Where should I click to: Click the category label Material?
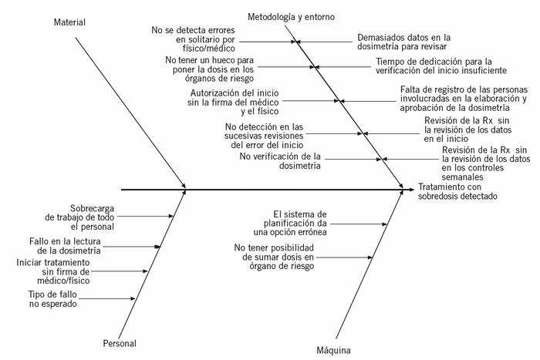pyautogui.click(x=69, y=22)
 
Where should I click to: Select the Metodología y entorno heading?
pyautogui.click(x=292, y=15)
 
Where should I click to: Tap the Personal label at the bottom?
pyautogui.click(x=120, y=343)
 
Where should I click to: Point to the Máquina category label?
pyautogui.click(x=334, y=351)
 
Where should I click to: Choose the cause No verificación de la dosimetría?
pyautogui.click(x=280, y=160)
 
